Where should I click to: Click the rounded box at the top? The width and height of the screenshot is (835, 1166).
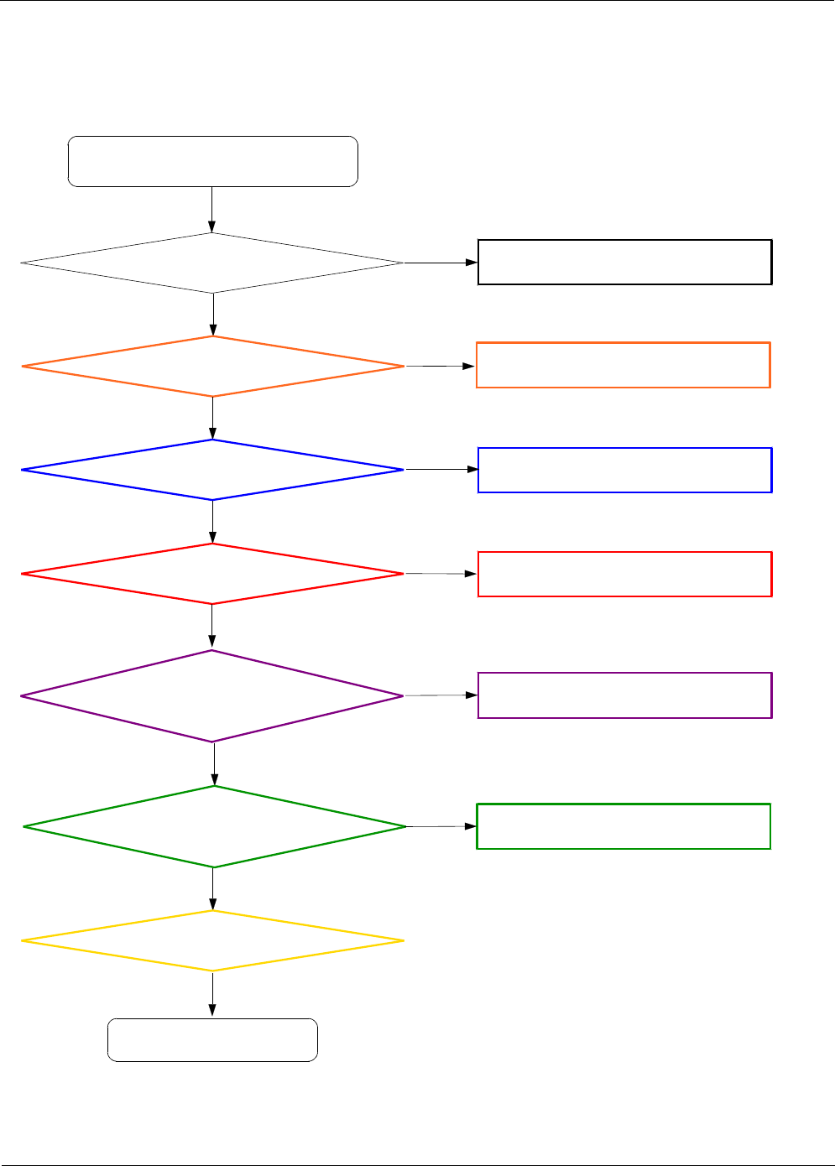[212, 161]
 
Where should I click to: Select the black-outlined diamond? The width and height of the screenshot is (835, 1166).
[212, 263]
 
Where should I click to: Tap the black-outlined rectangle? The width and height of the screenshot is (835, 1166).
[624, 263]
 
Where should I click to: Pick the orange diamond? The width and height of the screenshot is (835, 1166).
[212, 367]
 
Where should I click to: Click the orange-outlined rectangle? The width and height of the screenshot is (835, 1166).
[623, 365]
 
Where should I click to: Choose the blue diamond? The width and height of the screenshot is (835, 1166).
[212, 470]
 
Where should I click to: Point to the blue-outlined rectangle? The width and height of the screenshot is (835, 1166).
[624, 470]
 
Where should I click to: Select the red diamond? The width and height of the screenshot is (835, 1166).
[212, 574]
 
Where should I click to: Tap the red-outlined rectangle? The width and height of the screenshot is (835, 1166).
[624, 574]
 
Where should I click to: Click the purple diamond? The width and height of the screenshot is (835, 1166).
[212, 696]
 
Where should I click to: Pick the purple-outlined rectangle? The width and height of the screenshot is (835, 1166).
[624, 695]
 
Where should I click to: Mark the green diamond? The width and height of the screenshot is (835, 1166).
[215, 827]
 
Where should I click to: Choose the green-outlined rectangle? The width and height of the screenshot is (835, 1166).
[623, 826]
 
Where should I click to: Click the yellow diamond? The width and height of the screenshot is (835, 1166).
[212, 941]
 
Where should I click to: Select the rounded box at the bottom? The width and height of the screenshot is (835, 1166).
[212, 1040]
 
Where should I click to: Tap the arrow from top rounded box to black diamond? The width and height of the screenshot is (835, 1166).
[211, 210]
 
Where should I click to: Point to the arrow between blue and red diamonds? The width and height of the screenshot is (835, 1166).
[212, 522]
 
